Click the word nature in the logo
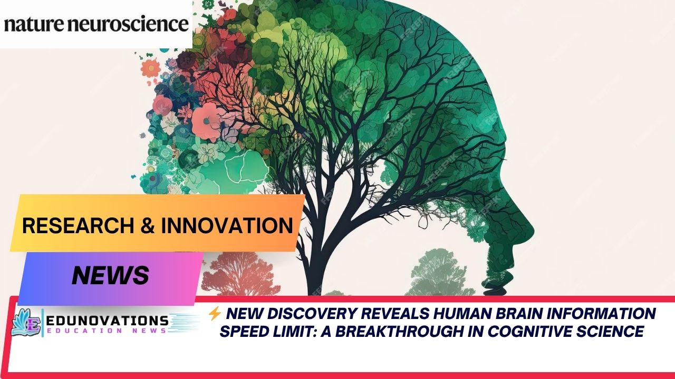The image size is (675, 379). click(x=36, y=24)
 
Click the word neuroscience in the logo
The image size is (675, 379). click(x=131, y=24)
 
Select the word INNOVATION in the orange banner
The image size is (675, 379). click(x=227, y=225)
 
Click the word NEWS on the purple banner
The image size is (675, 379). click(x=110, y=275)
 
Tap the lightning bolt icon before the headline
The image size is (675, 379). click(x=214, y=314)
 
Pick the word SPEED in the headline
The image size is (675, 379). click(x=246, y=332)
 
